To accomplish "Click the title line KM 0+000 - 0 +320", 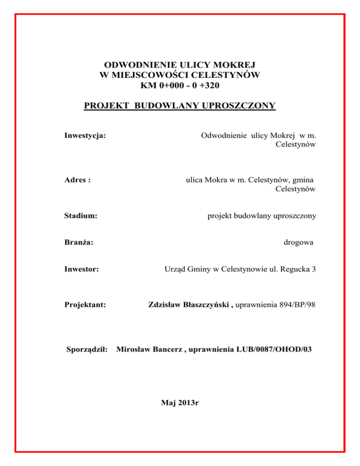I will coord(180,85).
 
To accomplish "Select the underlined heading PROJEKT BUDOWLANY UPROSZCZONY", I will coord(180,106).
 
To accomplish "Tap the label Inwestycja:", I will coord(84,135).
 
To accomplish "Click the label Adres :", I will coord(77,180).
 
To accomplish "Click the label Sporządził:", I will coord(87,349).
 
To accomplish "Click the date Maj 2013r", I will coord(180,403).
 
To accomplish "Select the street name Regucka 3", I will coord(298,269).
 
